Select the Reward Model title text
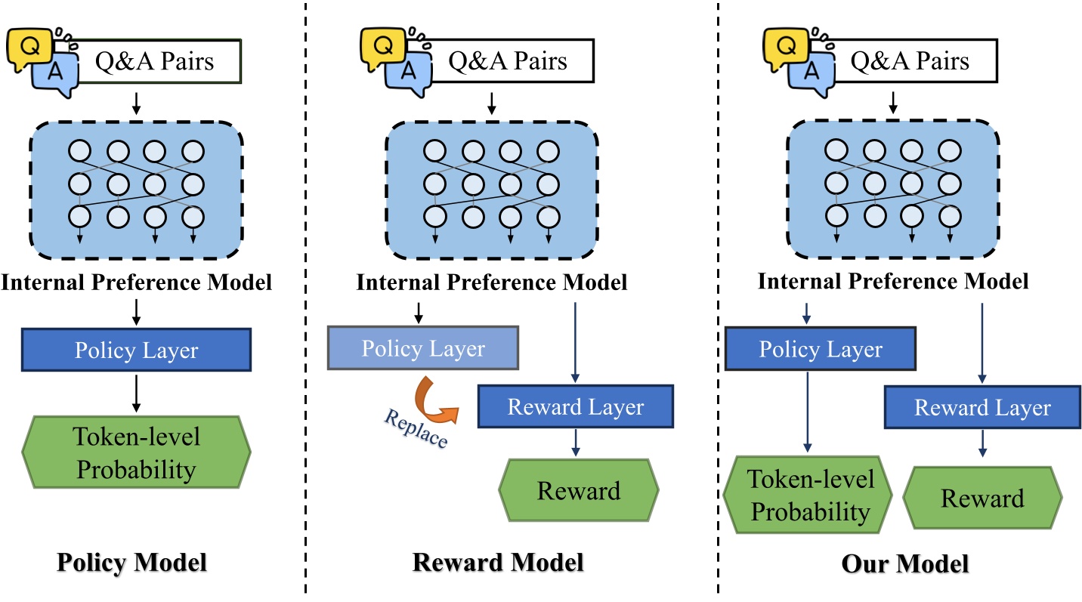point(498,563)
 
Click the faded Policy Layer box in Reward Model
point(423,348)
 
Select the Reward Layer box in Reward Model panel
point(575,407)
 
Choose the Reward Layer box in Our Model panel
point(982,408)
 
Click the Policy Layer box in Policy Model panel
point(136,350)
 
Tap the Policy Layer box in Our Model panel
point(821,349)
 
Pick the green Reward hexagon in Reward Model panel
point(578,491)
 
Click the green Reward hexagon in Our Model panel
point(982,499)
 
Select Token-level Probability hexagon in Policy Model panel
point(136,453)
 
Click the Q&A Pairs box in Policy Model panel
point(155,60)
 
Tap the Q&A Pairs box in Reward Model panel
point(508,60)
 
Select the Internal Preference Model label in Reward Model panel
point(492,282)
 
